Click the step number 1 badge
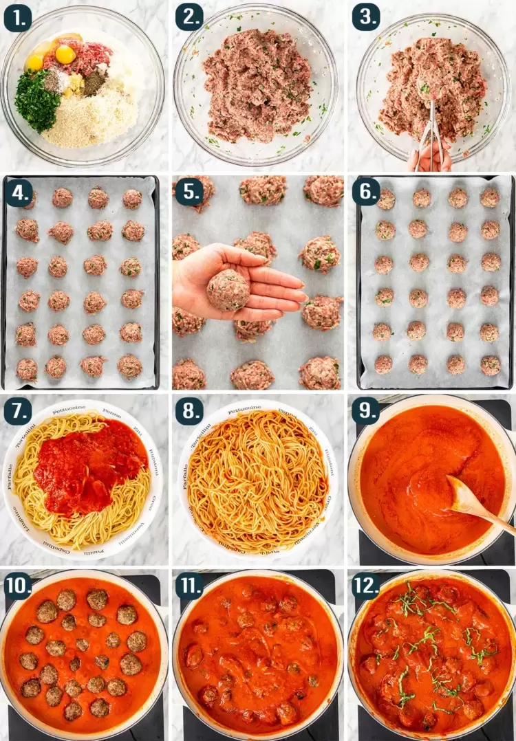pyautogui.click(x=17, y=18)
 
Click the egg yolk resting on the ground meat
pyautogui.click(x=66, y=54)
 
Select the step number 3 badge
pyautogui.click(x=366, y=18)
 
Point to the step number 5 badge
pyautogui.click(x=189, y=193)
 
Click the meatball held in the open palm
pyautogui.click(x=228, y=289)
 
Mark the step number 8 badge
pyautogui.click(x=189, y=410)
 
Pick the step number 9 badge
pyautogui.click(x=366, y=410)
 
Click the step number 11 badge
pyautogui.click(x=192, y=586)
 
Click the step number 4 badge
pyautogui.click(x=17, y=193)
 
